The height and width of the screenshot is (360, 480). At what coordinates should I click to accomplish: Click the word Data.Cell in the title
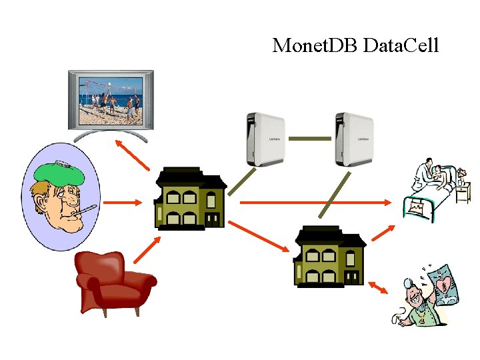[401, 45]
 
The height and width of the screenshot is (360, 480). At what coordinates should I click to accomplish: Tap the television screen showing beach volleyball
[111, 101]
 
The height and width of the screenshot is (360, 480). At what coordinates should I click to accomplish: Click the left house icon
[189, 199]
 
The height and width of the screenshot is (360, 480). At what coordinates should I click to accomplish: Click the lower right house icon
[330, 256]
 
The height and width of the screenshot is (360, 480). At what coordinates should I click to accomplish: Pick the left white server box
[265, 139]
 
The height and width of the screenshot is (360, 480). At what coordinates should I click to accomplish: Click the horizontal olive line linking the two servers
[309, 139]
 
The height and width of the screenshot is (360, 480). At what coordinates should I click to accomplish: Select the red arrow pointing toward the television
[133, 155]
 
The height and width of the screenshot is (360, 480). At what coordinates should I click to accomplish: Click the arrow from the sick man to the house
[125, 201]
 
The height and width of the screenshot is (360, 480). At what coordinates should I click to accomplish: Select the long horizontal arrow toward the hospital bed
[317, 201]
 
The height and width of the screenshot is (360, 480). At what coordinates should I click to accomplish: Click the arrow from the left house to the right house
[261, 236]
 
